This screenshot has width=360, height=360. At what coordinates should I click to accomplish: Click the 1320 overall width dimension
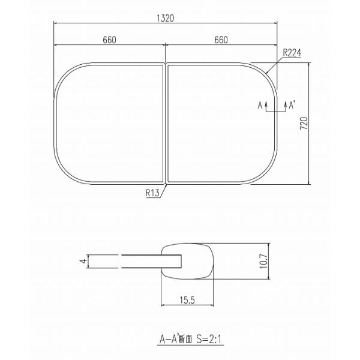(166, 19)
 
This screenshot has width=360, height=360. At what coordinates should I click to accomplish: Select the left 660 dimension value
(110, 40)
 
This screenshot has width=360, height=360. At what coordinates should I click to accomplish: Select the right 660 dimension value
(221, 40)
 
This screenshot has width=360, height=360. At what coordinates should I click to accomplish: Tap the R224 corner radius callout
(292, 53)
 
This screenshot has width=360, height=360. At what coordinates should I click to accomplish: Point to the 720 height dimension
(304, 123)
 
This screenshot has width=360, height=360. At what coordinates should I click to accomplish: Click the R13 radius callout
(152, 193)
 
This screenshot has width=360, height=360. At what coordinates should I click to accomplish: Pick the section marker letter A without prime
(260, 106)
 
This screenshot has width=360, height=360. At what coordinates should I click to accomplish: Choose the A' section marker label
(292, 106)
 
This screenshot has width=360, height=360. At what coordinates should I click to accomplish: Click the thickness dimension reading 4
(84, 261)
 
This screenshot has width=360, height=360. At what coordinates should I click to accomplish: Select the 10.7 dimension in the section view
(264, 261)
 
